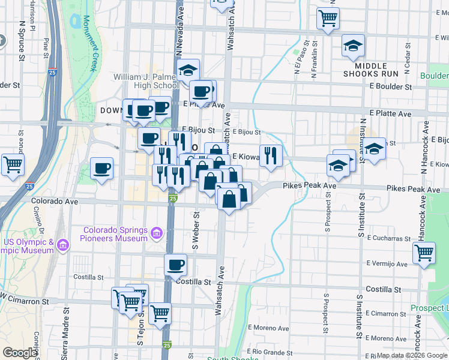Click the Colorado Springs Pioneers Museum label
pyautogui.click(x=115, y=234)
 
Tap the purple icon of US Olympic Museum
pyautogui.click(x=64, y=245)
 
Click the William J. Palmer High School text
pyautogui.click(x=148, y=81)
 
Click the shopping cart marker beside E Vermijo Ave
pyautogui.click(x=424, y=253)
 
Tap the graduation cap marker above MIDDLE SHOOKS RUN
pyautogui.click(x=353, y=45)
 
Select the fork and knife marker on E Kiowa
pyautogui.click(x=271, y=156)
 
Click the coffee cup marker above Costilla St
pyautogui.click(x=175, y=264)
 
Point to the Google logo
pyautogui.click(x=19, y=353)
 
